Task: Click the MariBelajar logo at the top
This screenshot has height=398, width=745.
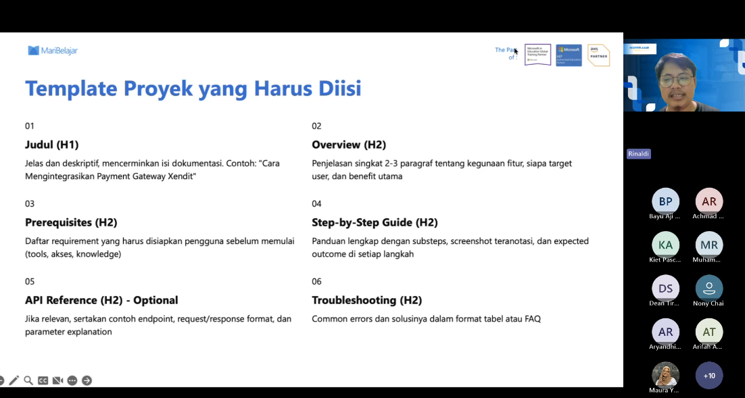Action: pos(53,51)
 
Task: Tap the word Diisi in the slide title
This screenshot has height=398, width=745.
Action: pos(337,89)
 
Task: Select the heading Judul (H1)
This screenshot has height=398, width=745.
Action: pos(52,145)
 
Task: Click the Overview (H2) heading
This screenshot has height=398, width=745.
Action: pos(349,145)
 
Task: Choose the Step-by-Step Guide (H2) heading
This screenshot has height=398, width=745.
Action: pos(375,222)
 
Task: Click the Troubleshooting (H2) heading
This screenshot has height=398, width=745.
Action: pos(367,300)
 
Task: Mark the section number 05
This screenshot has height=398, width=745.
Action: pos(30,282)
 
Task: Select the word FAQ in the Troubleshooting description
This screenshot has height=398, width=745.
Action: pos(533,319)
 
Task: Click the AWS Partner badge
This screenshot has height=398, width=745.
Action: pos(598,55)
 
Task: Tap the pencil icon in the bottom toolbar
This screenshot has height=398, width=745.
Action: pos(14,380)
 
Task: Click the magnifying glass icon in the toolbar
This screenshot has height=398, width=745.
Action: pos(28,380)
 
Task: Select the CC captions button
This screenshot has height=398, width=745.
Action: pos(43,380)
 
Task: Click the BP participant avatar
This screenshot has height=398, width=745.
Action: pos(665,201)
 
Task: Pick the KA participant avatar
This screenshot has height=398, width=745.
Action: pos(665,245)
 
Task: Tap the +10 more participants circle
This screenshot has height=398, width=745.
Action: pos(709,376)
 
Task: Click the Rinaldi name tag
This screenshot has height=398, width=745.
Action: pos(639,154)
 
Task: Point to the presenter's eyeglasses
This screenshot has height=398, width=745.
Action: pos(676,80)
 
